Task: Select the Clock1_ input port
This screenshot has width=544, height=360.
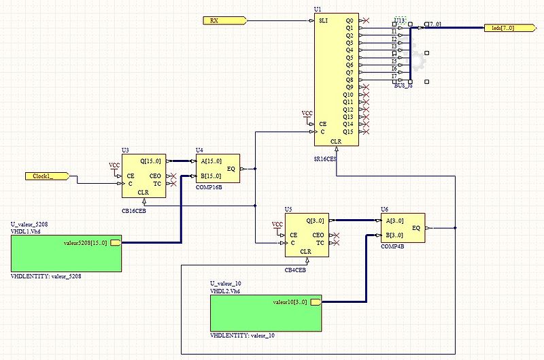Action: pos(48,176)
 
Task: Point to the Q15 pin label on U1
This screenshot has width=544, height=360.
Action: pos(349,131)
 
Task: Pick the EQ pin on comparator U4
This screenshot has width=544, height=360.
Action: pos(231,168)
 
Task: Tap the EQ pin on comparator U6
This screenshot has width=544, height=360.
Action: pos(416,228)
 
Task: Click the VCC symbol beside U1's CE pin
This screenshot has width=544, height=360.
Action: pos(307,114)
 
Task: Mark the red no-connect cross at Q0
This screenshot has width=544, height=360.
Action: pos(367,21)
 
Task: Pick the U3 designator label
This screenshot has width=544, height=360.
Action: pos(125,150)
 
